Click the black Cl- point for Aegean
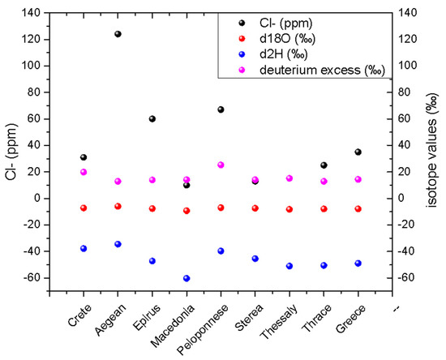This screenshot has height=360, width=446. click(x=118, y=34)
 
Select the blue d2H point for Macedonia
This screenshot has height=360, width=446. click(x=187, y=278)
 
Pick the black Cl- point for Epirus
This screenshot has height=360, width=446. click(x=152, y=118)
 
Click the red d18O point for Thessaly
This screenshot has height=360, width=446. click(x=289, y=209)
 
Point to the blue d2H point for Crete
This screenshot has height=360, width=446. click(x=84, y=248)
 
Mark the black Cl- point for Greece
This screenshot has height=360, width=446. click(x=358, y=152)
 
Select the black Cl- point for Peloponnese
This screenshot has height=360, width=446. click(x=221, y=109)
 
